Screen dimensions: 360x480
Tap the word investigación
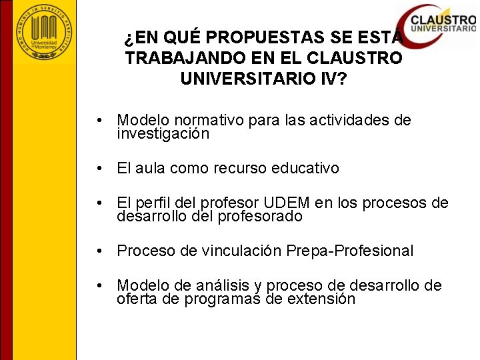pos(163,134)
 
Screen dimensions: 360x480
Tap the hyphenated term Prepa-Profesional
pos(349,251)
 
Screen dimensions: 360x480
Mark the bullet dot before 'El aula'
pos(99,169)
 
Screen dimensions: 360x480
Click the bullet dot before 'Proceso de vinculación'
pos(99,251)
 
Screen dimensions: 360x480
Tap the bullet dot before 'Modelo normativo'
pos(99,121)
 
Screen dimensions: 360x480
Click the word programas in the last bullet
pos(223,299)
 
